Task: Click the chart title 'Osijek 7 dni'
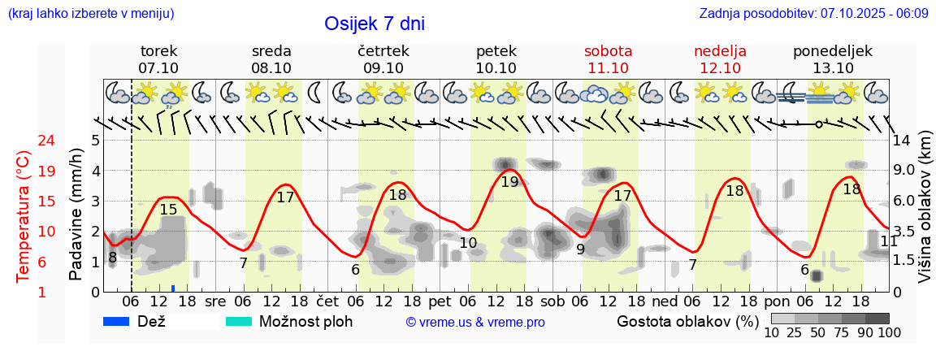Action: [x=374, y=24]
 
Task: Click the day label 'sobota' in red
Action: [x=608, y=51]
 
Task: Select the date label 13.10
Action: [x=833, y=68]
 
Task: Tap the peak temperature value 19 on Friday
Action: [x=509, y=182]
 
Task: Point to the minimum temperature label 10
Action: [x=468, y=243]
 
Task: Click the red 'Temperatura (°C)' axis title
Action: [x=24, y=216]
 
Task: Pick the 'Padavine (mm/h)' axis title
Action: [x=76, y=214]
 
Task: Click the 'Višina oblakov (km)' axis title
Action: [x=925, y=207]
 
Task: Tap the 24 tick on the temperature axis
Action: [x=24, y=141]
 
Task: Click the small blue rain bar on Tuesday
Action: [x=173, y=288]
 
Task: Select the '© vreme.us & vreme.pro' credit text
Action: [x=475, y=323]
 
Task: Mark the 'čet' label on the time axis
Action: [x=327, y=301]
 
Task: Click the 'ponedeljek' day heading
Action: [x=833, y=51]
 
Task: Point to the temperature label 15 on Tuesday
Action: [x=168, y=210]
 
